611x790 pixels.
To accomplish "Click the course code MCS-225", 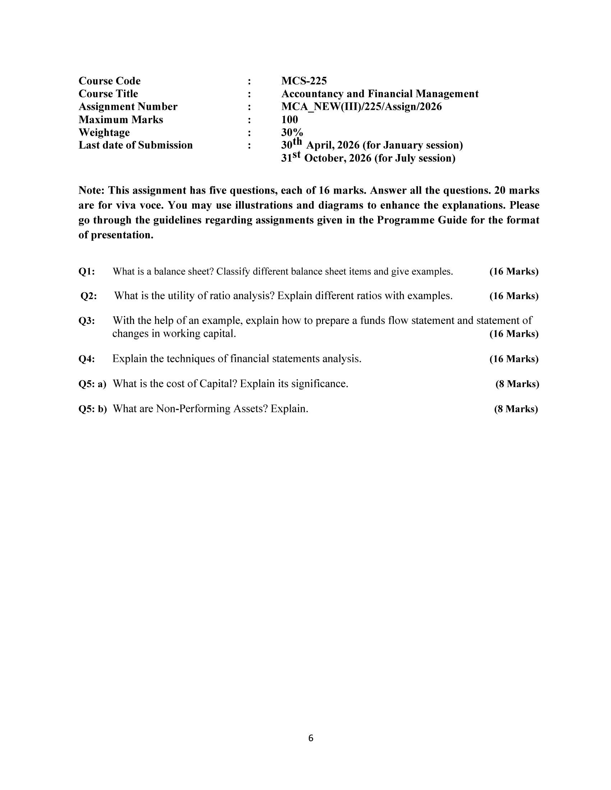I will tap(304, 81).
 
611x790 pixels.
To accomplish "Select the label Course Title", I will tap(108, 94).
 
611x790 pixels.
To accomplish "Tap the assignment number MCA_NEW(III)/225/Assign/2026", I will tap(361, 107).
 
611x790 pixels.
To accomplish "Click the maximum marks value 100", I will tap(289, 119).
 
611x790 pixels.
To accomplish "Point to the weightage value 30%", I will tap(292, 133).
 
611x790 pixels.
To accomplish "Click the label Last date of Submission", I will tap(135, 145).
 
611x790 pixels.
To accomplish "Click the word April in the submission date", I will tap(320, 145).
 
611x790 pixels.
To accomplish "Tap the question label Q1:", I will tap(87, 272).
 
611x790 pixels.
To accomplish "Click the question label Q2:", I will tap(88, 296).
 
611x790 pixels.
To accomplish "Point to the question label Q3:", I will tap(87, 321).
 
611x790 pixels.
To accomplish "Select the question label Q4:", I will tap(87, 359).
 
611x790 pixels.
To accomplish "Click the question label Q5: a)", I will tap(92, 384).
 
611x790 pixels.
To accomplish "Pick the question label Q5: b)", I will tap(92, 409).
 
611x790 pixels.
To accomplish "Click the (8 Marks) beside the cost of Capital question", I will tap(517, 384).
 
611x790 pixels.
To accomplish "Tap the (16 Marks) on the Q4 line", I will tap(514, 359).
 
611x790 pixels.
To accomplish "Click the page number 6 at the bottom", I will tap(311, 738).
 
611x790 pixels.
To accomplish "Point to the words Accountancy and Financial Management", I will tap(380, 94).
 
